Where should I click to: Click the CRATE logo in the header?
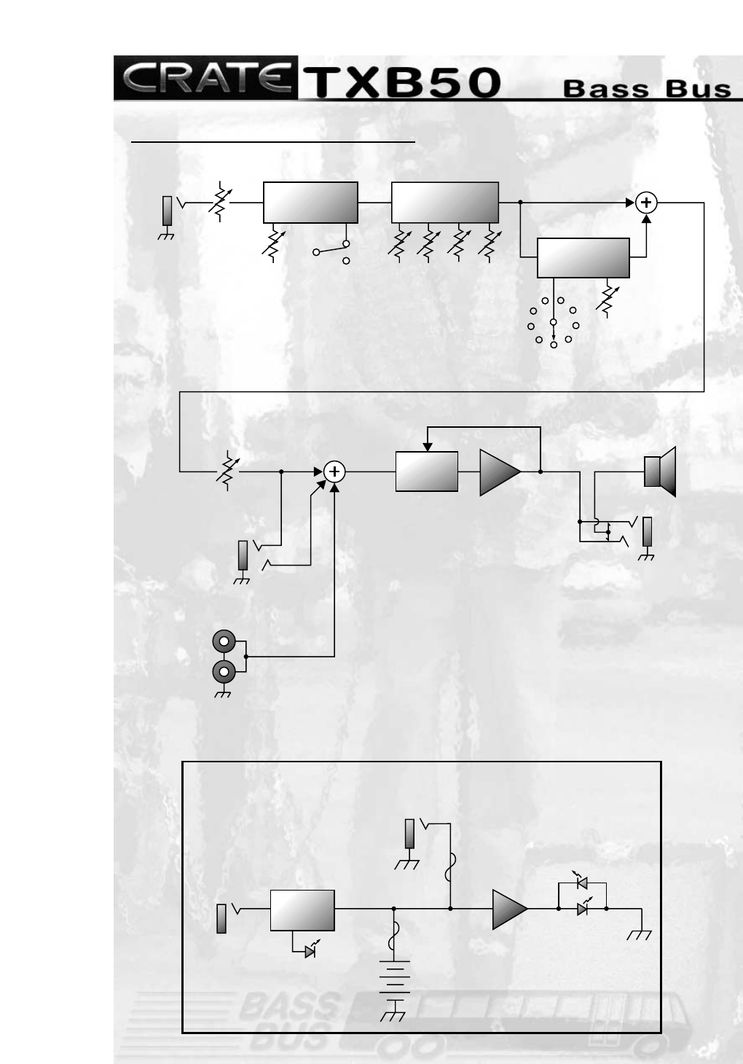[x=205, y=77]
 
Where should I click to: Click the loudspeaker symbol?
[x=660, y=471]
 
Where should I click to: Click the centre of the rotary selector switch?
[x=553, y=321]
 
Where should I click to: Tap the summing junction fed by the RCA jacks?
[x=334, y=472]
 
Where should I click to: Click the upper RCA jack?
[x=224, y=643]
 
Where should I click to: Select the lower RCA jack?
[x=224, y=671]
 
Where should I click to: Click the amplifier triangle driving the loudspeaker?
[x=498, y=472]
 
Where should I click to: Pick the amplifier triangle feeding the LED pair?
[x=508, y=909]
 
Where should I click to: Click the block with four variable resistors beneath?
[x=445, y=202]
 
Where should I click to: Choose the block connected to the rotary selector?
[x=583, y=257]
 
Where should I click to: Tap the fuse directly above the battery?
[x=393, y=936]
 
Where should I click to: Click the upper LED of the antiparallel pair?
[x=581, y=883]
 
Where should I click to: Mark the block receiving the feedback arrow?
[x=427, y=472]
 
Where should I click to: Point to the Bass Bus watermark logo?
[x=291, y=1017]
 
